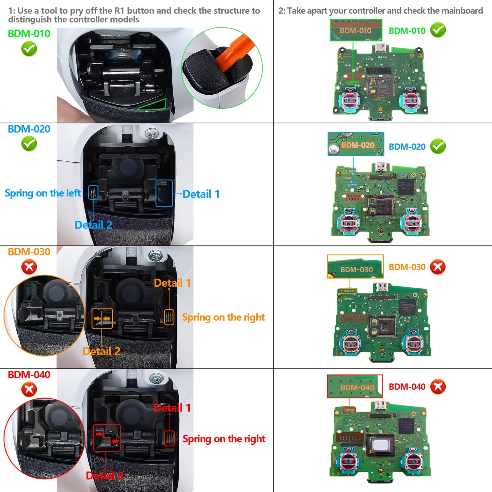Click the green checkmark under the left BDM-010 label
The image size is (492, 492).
tap(29, 49)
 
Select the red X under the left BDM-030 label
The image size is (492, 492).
tap(29, 267)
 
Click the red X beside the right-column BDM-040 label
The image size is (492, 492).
tap(438, 386)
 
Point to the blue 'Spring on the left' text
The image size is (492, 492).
tap(43, 193)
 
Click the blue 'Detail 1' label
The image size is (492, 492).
tap(201, 194)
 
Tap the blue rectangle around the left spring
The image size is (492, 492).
tap(93, 193)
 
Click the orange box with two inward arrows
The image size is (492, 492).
tap(102, 319)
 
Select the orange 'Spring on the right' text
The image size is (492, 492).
tap(223, 317)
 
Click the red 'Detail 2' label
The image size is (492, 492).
tap(104, 475)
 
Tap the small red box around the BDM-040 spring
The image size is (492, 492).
tap(170, 438)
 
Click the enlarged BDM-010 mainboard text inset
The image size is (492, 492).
tap(356, 30)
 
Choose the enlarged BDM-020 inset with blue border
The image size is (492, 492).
tap(356, 144)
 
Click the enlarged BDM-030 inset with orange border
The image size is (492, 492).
tap(355, 267)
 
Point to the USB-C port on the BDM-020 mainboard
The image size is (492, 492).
tap(380, 167)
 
